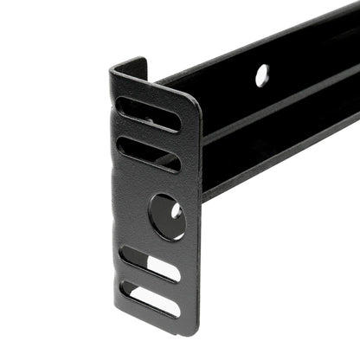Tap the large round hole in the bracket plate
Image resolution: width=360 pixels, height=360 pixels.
click(x=166, y=216)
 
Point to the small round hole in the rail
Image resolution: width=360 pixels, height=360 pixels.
click(x=262, y=74)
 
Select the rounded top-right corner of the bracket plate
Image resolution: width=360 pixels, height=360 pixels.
click(x=192, y=100)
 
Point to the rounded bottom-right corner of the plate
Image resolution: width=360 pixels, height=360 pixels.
click(x=192, y=327)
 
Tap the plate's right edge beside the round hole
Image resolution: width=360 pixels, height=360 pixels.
click(x=194, y=216)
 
